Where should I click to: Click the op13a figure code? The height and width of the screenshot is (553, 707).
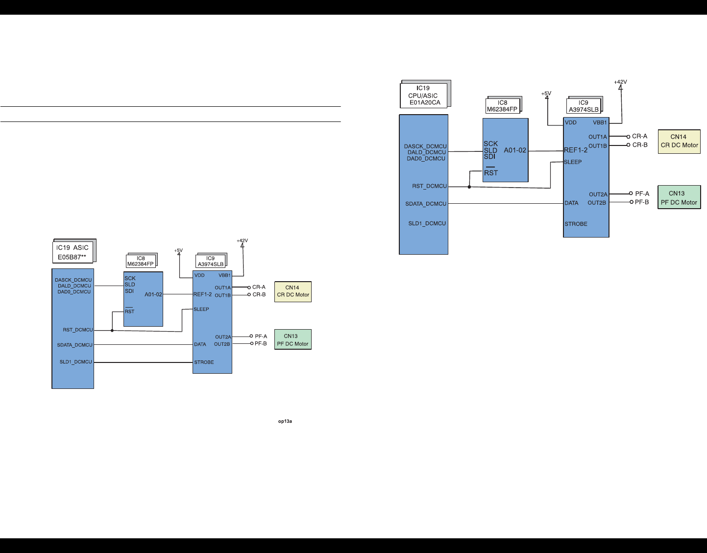[x=285, y=421]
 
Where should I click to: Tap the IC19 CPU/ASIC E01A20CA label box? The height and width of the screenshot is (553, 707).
[x=424, y=96]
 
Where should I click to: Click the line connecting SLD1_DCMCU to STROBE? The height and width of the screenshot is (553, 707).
[x=143, y=362]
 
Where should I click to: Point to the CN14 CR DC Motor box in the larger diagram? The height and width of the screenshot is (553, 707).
[x=679, y=141]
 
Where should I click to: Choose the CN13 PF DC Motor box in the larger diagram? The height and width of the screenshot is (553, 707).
[x=679, y=198]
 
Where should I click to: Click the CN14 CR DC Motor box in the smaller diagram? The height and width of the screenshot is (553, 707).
[x=293, y=291]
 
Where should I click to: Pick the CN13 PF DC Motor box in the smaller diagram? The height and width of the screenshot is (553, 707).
[x=293, y=340]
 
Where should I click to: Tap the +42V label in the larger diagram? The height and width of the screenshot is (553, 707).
[x=620, y=82]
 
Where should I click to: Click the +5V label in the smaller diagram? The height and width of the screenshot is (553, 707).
[x=178, y=250]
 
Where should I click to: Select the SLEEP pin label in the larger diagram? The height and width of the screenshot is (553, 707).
[x=573, y=162]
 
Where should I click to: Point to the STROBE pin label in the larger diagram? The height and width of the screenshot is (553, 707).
[x=576, y=224]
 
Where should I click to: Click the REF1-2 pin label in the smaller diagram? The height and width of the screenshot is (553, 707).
[x=202, y=294]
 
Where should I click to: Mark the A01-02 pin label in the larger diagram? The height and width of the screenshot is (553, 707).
[x=515, y=150]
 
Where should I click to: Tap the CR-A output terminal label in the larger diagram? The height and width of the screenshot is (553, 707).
[x=639, y=137]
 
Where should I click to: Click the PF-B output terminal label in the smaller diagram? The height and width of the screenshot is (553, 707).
[x=261, y=344]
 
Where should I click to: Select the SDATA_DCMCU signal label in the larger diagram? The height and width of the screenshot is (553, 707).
[x=426, y=204]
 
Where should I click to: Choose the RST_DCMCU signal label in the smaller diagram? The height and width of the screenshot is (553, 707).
[x=78, y=330]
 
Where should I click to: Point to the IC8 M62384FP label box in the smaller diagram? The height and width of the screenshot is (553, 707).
[x=141, y=261]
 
